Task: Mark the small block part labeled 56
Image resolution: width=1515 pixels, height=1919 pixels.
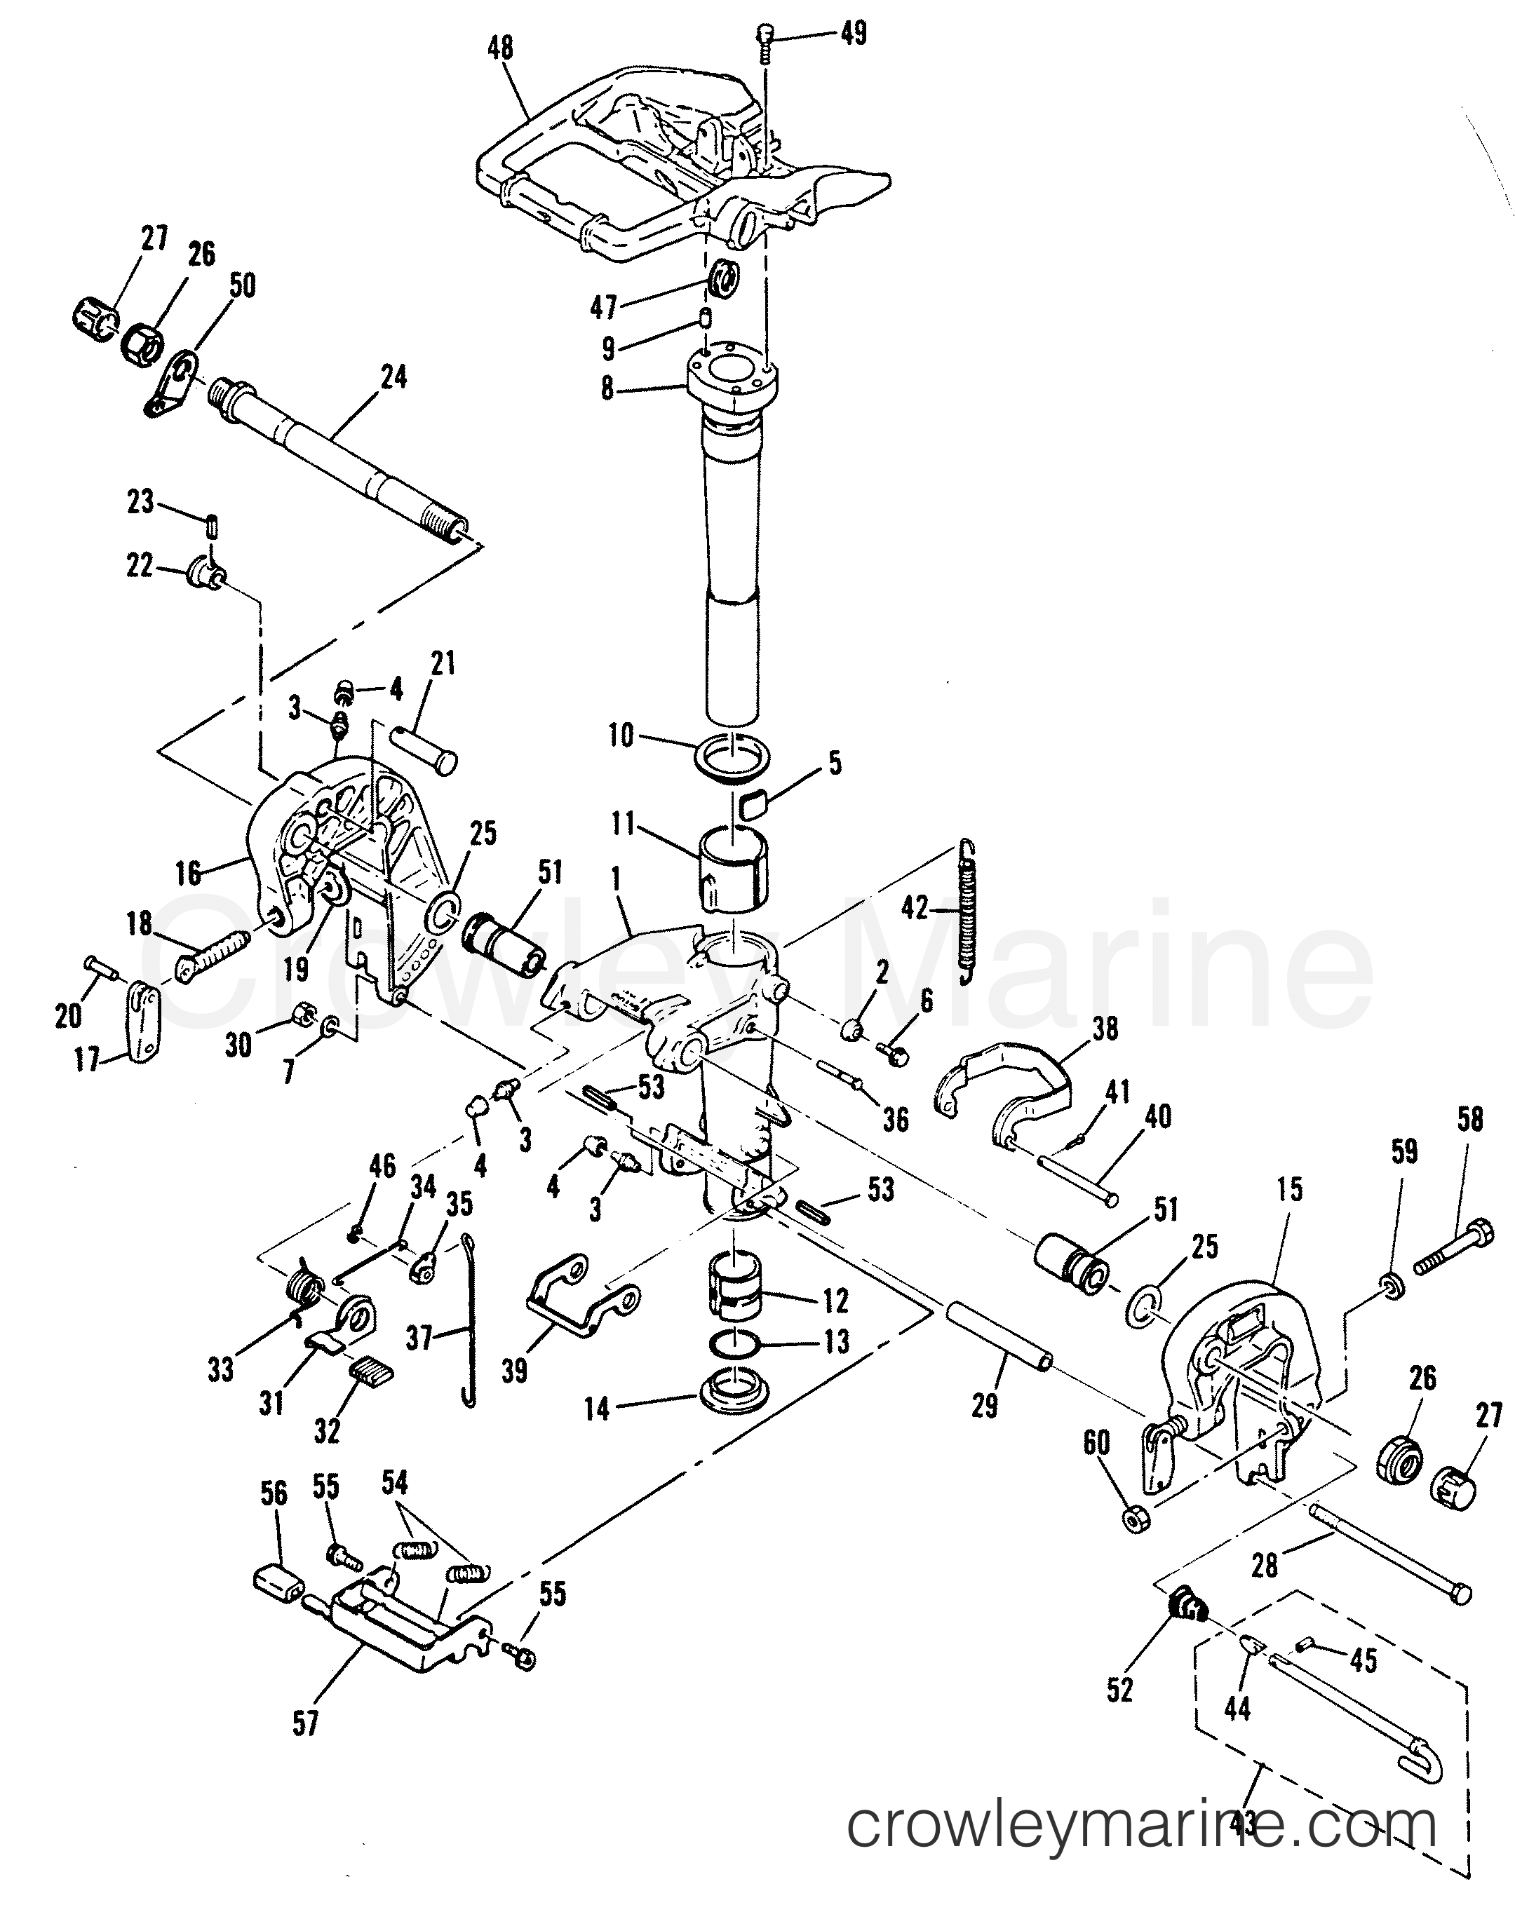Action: click(x=274, y=1580)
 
